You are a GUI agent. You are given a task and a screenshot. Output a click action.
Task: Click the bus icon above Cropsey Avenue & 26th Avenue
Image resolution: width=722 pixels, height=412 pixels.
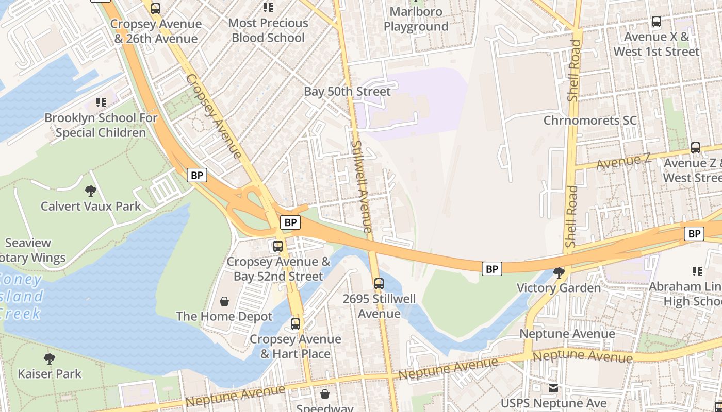(x=155, y=9)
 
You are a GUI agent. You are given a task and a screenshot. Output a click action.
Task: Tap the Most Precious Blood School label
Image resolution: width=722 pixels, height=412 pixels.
(x=268, y=30)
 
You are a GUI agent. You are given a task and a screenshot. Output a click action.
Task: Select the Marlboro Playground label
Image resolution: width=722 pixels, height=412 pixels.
(x=416, y=19)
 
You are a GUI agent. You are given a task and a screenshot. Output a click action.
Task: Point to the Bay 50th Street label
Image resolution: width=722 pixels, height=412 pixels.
(x=347, y=92)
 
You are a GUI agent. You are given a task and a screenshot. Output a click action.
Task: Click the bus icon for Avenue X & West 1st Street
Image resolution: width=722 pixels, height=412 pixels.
(x=657, y=22)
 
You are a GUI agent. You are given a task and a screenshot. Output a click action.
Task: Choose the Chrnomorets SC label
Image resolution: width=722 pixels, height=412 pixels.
(x=590, y=121)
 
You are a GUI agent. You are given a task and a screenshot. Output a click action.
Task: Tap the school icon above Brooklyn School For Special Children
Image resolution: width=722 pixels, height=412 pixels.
(x=101, y=102)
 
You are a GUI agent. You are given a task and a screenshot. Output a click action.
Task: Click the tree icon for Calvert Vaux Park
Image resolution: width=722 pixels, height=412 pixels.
(x=91, y=191)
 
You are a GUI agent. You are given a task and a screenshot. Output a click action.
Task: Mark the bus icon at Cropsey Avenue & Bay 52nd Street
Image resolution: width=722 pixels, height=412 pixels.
(x=278, y=246)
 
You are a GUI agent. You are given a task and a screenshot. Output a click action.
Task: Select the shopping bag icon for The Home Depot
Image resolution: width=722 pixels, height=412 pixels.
(x=224, y=301)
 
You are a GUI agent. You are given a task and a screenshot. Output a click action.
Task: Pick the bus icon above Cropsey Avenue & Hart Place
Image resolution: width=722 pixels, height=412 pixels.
(x=295, y=324)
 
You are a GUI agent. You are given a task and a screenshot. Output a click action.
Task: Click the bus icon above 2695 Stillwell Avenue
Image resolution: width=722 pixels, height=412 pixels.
(x=379, y=283)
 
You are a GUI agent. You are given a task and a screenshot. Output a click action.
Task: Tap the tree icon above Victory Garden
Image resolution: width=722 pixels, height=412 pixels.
(x=559, y=272)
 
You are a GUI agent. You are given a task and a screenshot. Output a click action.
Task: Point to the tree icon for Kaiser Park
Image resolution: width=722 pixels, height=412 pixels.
(x=50, y=358)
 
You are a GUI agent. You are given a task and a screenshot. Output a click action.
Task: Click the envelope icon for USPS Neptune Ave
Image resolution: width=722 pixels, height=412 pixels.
(x=553, y=388)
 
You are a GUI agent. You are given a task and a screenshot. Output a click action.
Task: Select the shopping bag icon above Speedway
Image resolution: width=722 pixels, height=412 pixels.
(x=325, y=394)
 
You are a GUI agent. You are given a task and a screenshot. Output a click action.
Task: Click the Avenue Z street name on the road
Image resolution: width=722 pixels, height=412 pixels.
(x=623, y=163)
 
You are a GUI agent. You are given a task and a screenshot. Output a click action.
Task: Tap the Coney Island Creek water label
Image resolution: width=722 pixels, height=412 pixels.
(x=21, y=297)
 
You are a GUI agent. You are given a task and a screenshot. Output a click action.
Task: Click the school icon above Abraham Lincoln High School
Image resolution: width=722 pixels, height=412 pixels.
(x=697, y=271)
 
